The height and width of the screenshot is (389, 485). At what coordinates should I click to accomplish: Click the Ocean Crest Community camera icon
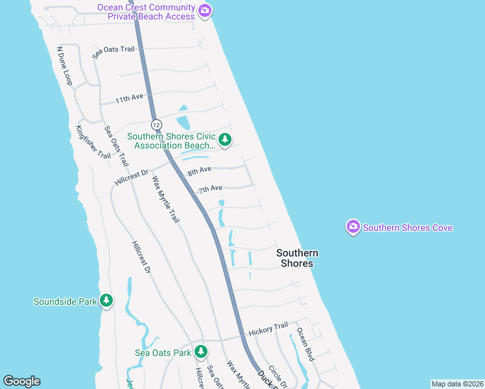205,10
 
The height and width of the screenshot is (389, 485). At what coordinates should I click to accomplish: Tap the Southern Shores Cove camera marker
353,227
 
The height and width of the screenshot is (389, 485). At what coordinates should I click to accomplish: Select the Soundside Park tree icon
106,301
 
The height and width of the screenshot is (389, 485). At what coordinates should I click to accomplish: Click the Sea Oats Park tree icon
201,352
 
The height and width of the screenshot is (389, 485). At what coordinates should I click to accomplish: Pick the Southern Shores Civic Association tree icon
225,140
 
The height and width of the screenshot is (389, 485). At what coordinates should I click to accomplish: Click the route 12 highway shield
156,124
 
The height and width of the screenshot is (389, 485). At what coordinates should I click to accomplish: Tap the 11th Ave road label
129,99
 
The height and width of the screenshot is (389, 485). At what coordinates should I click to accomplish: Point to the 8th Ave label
199,171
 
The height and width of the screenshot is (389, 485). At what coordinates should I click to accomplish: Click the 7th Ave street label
210,189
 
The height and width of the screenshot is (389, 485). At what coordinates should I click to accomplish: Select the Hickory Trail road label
267,329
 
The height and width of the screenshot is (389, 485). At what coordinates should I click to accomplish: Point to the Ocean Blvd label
305,345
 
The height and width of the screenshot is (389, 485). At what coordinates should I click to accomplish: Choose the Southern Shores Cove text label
408,228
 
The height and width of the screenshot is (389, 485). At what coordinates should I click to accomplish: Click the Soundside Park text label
64,301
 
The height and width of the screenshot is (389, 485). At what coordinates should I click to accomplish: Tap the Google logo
21,381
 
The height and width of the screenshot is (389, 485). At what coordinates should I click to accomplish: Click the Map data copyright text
457,384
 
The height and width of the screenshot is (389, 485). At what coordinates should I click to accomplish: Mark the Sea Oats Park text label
163,353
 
